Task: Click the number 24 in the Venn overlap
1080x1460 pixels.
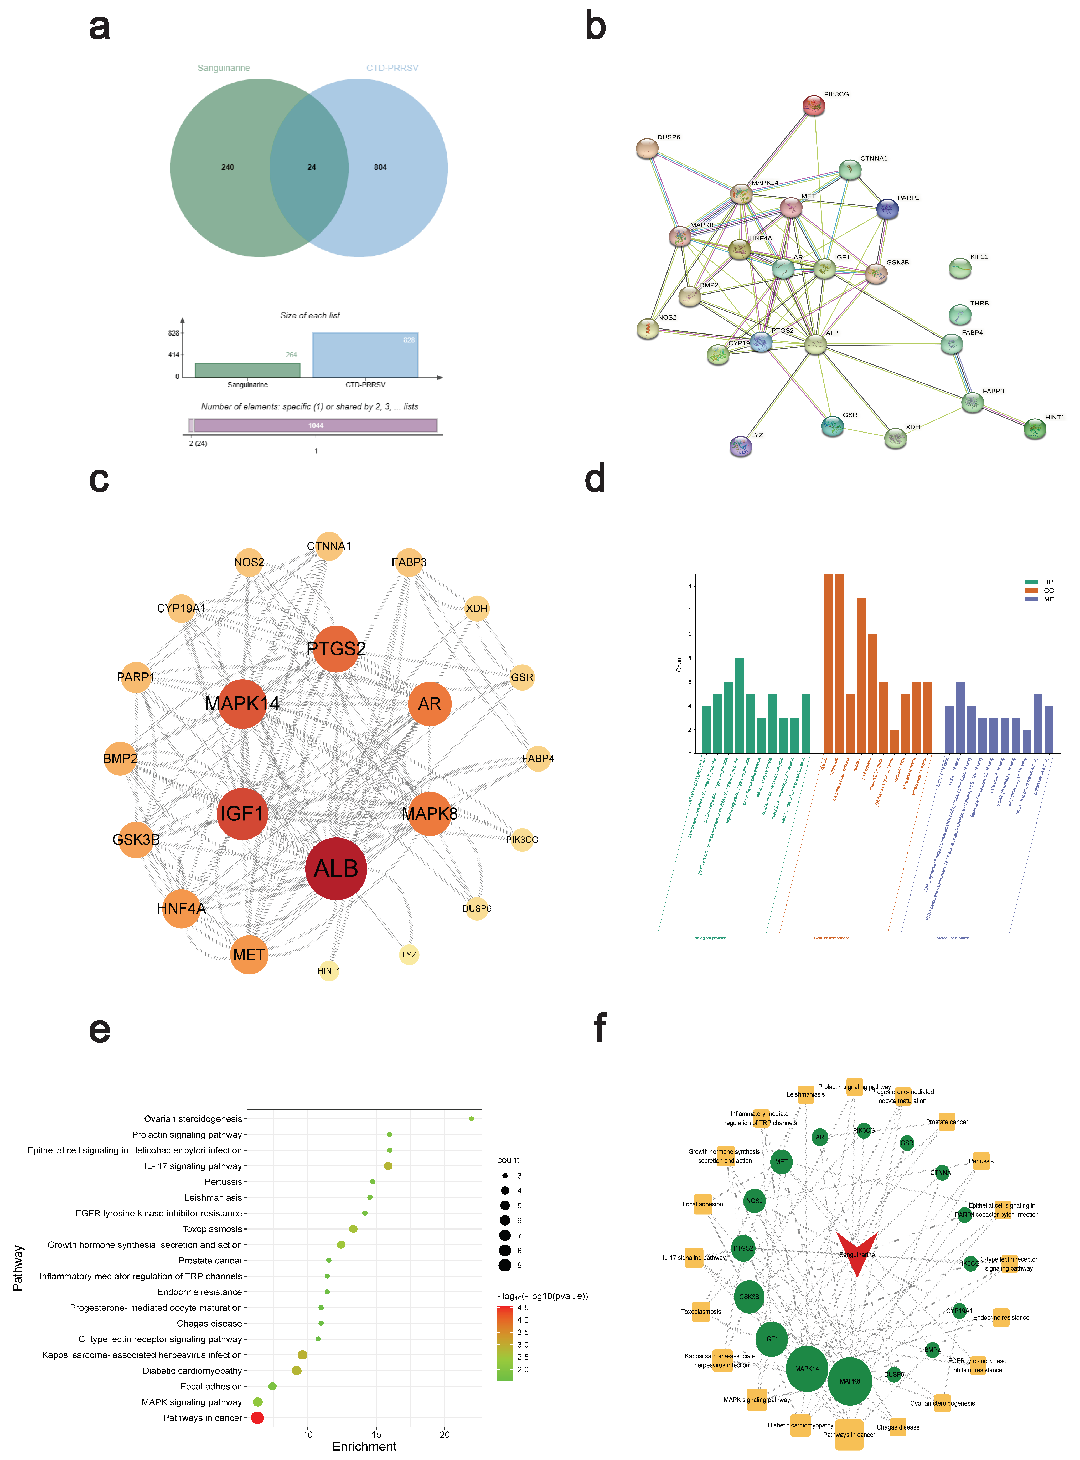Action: tap(312, 167)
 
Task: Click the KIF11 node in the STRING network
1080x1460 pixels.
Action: tap(960, 268)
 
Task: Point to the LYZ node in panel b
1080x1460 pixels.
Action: tap(741, 446)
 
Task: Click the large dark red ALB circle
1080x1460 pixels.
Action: tap(336, 868)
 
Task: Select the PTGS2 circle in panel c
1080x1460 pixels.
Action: tap(336, 649)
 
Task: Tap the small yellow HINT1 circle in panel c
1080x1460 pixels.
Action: tap(329, 970)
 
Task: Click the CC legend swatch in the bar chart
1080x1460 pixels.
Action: tap(1032, 590)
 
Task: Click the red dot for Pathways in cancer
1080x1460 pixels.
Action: tap(257, 1417)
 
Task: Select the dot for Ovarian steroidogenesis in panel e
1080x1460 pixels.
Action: tap(471, 1119)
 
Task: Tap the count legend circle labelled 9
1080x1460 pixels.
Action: tap(505, 1265)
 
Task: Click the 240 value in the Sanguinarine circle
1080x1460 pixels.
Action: tap(228, 167)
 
